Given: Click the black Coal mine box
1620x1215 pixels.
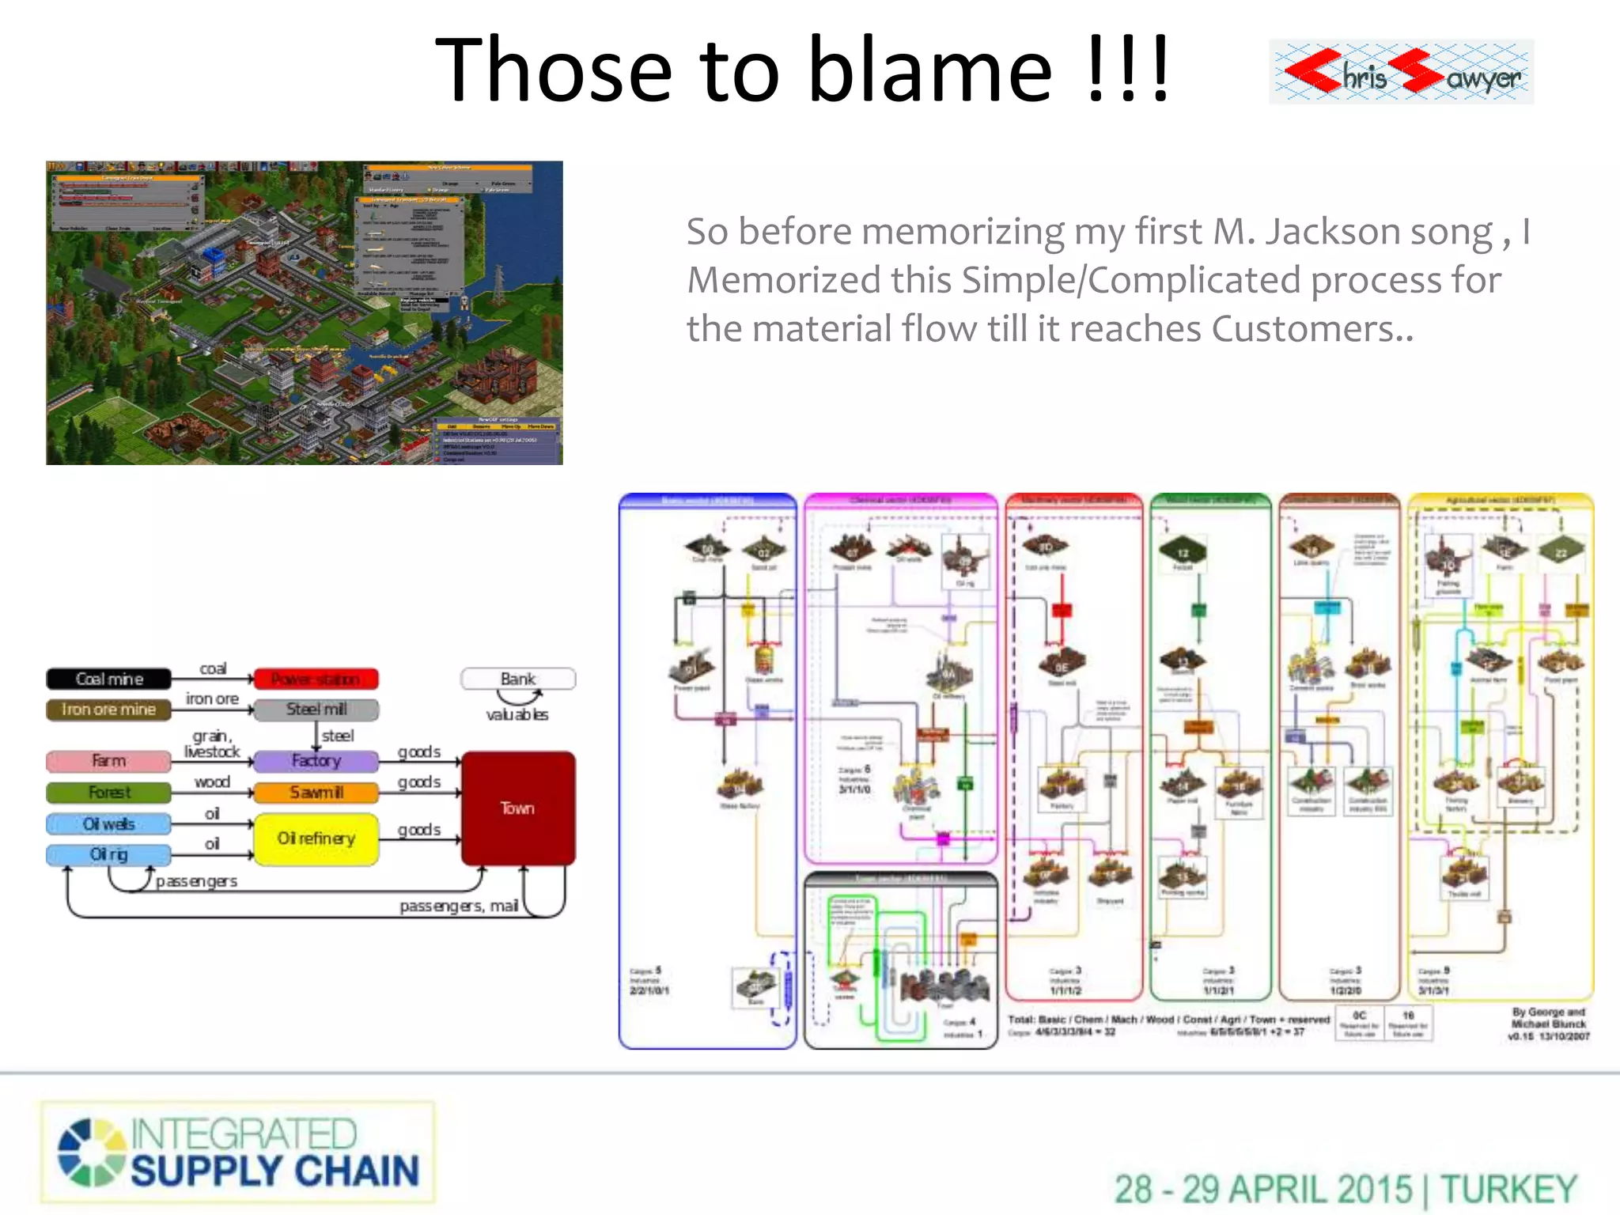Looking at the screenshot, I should [108, 679].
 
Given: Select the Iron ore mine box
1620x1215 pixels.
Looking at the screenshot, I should [108, 710].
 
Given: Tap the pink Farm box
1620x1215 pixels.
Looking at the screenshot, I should [108, 761].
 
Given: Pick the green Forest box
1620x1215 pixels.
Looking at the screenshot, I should [108, 792].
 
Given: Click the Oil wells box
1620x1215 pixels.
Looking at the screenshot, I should [108, 824].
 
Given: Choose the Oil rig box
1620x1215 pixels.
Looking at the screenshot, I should [108, 854].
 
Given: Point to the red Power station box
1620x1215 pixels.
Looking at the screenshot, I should [316, 679].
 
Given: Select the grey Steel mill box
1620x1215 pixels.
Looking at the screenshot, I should [316, 710].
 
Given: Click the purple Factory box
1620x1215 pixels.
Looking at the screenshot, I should [316, 761].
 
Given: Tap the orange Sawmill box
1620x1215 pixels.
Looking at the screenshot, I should [316, 792].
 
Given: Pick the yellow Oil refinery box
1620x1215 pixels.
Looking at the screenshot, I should [316, 838].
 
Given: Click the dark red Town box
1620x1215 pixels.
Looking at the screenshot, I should [517, 808].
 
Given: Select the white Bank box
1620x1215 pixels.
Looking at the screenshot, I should [517, 679].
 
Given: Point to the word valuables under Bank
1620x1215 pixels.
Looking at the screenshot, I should [517, 715].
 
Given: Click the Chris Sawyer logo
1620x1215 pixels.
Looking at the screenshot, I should [1401, 72].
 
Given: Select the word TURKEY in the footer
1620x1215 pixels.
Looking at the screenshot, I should [1508, 1190].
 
